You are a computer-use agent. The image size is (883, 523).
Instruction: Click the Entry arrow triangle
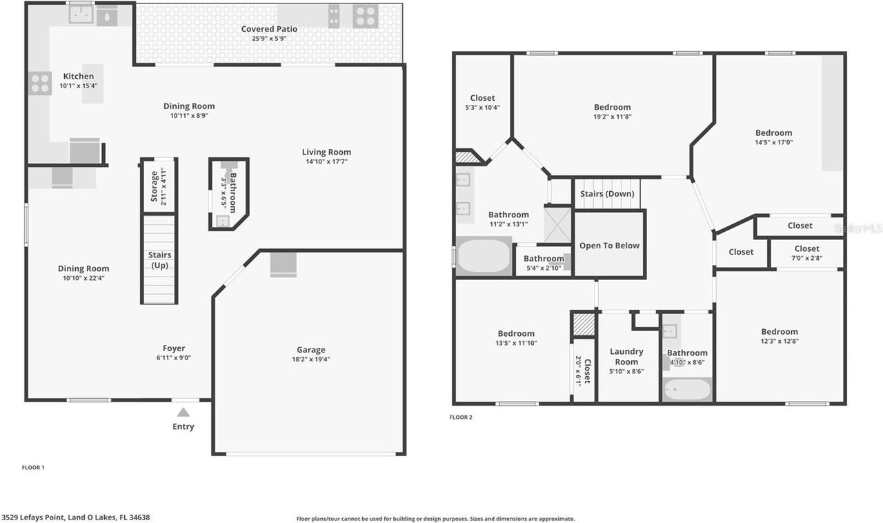pyautogui.click(x=183, y=413)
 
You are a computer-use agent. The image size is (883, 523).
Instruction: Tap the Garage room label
pyautogui.click(x=310, y=350)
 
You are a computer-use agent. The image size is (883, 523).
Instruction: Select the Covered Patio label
pyautogui.click(x=269, y=29)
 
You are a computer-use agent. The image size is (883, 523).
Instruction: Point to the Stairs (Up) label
pyautogui.click(x=160, y=259)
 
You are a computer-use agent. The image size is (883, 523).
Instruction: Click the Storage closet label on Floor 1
pyautogui.click(x=153, y=186)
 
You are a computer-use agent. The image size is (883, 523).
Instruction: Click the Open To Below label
pyautogui.click(x=609, y=246)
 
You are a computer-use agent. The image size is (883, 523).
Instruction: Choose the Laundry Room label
pyautogui.click(x=626, y=357)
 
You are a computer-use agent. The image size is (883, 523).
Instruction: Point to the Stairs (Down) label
pyautogui.click(x=607, y=194)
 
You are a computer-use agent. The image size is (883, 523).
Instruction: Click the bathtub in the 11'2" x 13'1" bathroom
pyautogui.click(x=483, y=257)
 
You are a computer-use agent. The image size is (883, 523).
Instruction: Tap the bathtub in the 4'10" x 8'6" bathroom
pyautogui.click(x=686, y=390)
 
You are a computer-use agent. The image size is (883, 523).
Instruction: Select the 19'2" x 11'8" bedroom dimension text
pyautogui.click(x=613, y=117)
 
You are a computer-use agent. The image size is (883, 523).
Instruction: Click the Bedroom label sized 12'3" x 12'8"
pyautogui.click(x=780, y=332)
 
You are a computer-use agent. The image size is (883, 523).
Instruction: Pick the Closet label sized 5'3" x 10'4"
pyautogui.click(x=482, y=98)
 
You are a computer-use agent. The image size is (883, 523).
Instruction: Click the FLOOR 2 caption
pyautogui.click(x=461, y=417)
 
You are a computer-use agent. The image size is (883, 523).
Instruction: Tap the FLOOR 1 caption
pyautogui.click(x=33, y=468)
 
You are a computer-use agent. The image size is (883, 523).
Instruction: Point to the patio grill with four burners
pyautogui.click(x=364, y=14)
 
